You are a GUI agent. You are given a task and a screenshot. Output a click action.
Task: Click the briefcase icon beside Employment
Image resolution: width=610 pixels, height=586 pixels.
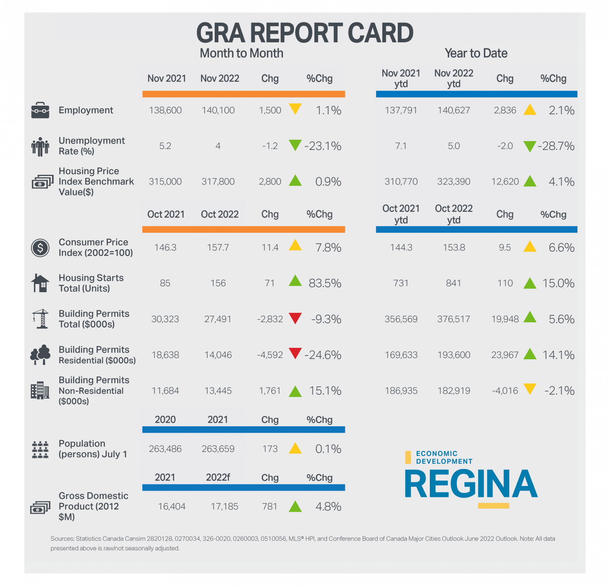point(40,110)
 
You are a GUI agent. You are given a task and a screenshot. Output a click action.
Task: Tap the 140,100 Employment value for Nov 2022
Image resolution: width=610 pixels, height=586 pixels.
point(218,110)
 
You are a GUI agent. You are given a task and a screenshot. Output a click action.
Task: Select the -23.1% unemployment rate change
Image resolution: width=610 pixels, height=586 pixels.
point(323,146)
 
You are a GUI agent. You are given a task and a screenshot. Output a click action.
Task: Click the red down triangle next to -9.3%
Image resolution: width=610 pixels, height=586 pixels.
point(295,318)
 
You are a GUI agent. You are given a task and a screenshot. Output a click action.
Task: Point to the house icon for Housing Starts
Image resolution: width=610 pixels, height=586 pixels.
point(40,283)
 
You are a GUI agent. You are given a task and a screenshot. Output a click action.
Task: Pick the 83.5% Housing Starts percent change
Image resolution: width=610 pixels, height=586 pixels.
point(325,283)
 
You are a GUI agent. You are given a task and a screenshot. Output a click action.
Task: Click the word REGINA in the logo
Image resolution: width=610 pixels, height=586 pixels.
point(471,484)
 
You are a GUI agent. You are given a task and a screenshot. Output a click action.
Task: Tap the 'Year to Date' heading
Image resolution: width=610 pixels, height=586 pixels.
point(476,53)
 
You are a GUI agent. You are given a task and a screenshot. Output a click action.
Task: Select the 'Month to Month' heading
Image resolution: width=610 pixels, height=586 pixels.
point(242,53)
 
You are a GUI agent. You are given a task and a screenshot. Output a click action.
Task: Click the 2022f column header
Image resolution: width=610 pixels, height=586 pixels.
point(218,477)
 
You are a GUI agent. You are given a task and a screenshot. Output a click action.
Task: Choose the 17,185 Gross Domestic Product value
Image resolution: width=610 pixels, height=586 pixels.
point(224,506)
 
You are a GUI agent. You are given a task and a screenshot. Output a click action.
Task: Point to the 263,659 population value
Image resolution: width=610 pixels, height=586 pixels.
point(218,449)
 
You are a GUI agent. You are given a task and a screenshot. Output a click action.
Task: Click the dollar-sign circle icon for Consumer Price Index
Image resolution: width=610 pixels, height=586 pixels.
point(40,247)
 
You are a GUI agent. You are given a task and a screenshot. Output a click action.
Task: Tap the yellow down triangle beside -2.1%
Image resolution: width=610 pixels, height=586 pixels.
point(530,389)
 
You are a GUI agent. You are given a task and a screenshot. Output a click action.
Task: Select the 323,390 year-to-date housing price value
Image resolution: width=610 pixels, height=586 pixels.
point(454,182)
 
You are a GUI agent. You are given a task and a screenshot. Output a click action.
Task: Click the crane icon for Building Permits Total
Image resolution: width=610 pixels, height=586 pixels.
point(40,319)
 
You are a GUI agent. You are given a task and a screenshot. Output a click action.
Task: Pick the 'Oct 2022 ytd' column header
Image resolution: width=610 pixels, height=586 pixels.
point(454,214)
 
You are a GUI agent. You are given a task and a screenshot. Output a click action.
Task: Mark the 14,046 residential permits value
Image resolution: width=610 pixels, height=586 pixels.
point(218,355)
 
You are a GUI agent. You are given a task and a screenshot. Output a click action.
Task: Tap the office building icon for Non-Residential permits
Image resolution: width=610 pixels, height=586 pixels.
point(40,391)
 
